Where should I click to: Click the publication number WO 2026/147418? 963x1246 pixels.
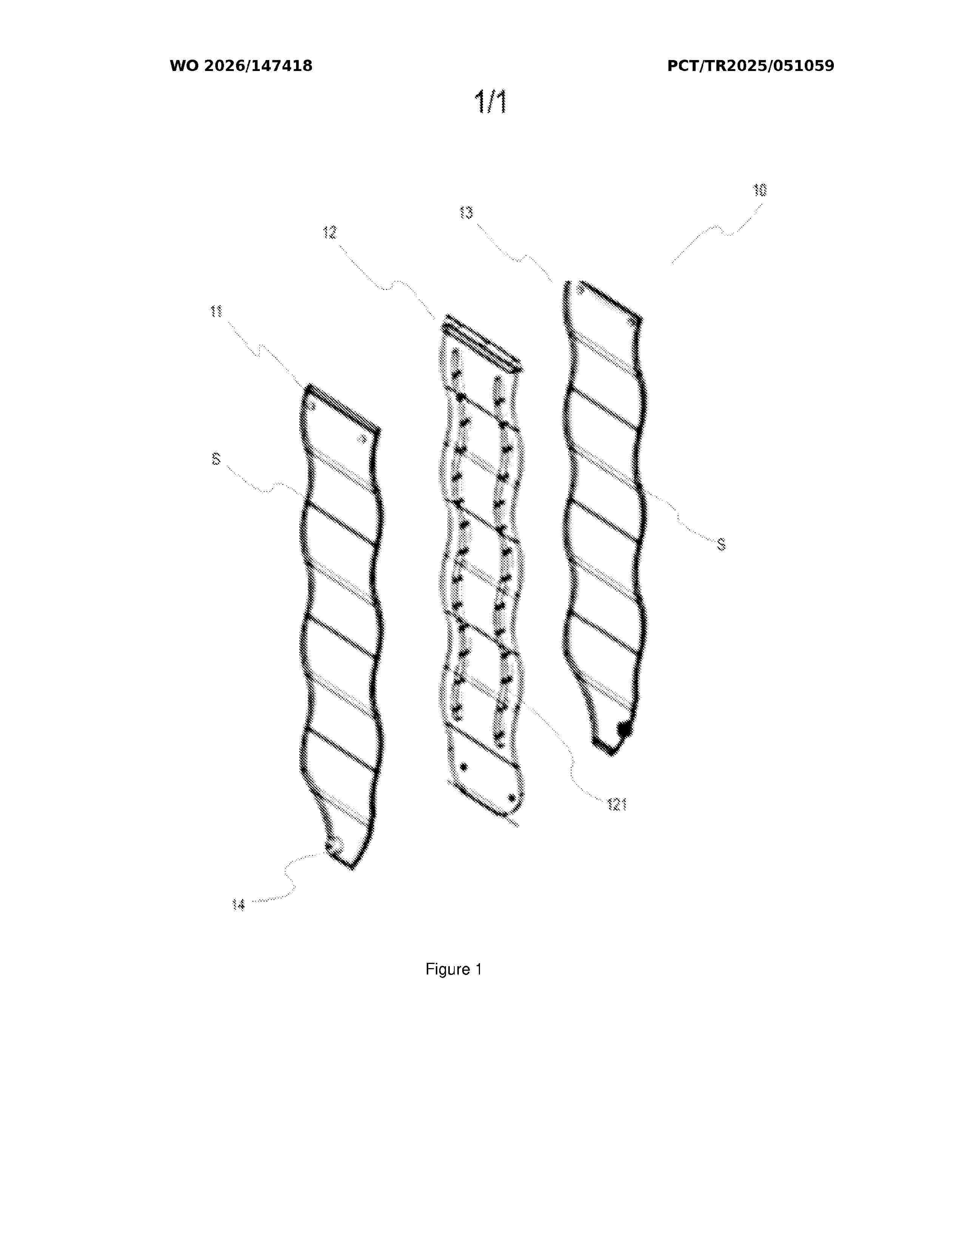(241, 66)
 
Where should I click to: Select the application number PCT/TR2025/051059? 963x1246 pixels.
(750, 66)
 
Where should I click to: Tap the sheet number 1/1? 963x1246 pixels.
(491, 103)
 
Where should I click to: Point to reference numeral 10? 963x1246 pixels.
(759, 191)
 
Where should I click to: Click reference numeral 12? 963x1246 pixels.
(330, 233)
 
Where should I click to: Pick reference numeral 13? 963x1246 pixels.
(466, 213)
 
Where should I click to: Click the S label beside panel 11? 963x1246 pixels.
(216, 459)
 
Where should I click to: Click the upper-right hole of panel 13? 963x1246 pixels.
(630, 324)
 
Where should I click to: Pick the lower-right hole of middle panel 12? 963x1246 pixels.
(512, 797)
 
